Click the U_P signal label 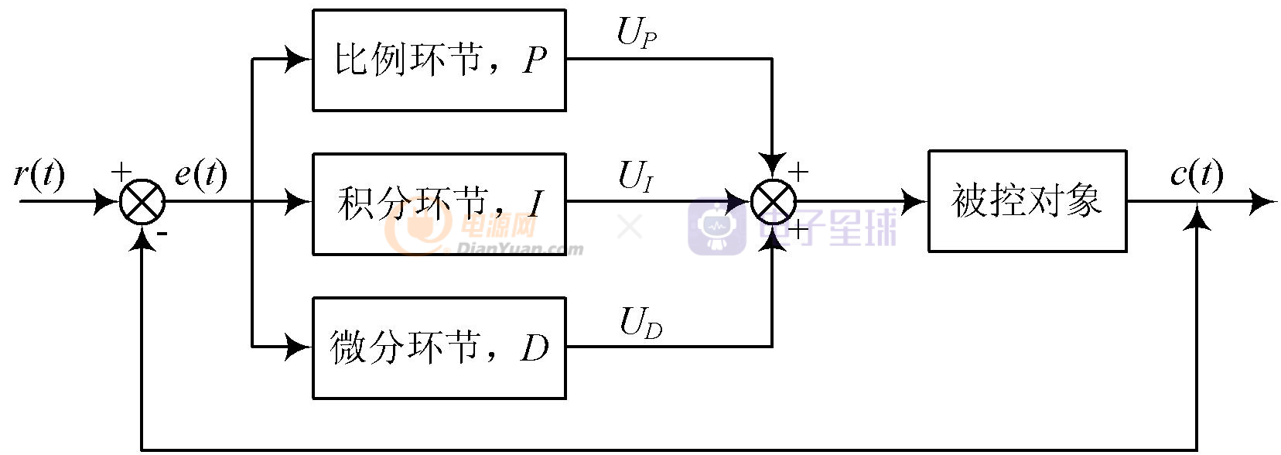pyautogui.click(x=637, y=32)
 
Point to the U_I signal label pyautogui.click(x=636, y=176)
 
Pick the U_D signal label pyautogui.click(x=640, y=322)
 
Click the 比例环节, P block pyautogui.click(x=439, y=60)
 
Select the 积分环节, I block pyautogui.click(x=439, y=204)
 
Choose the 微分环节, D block pyautogui.click(x=439, y=348)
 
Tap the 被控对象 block pyautogui.click(x=1027, y=201)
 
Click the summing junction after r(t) pyautogui.click(x=142, y=202)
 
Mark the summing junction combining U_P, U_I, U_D pyautogui.click(x=773, y=202)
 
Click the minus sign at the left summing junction pyautogui.click(x=163, y=233)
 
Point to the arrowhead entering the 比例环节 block pyautogui.click(x=299, y=59)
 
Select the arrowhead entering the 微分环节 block pyautogui.click(x=299, y=347)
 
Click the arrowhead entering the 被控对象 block pyautogui.click(x=914, y=202)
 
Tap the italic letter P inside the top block pyautogui.click(x=535, y=60)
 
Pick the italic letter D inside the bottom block pyautogui.click(x=535, y=348)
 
